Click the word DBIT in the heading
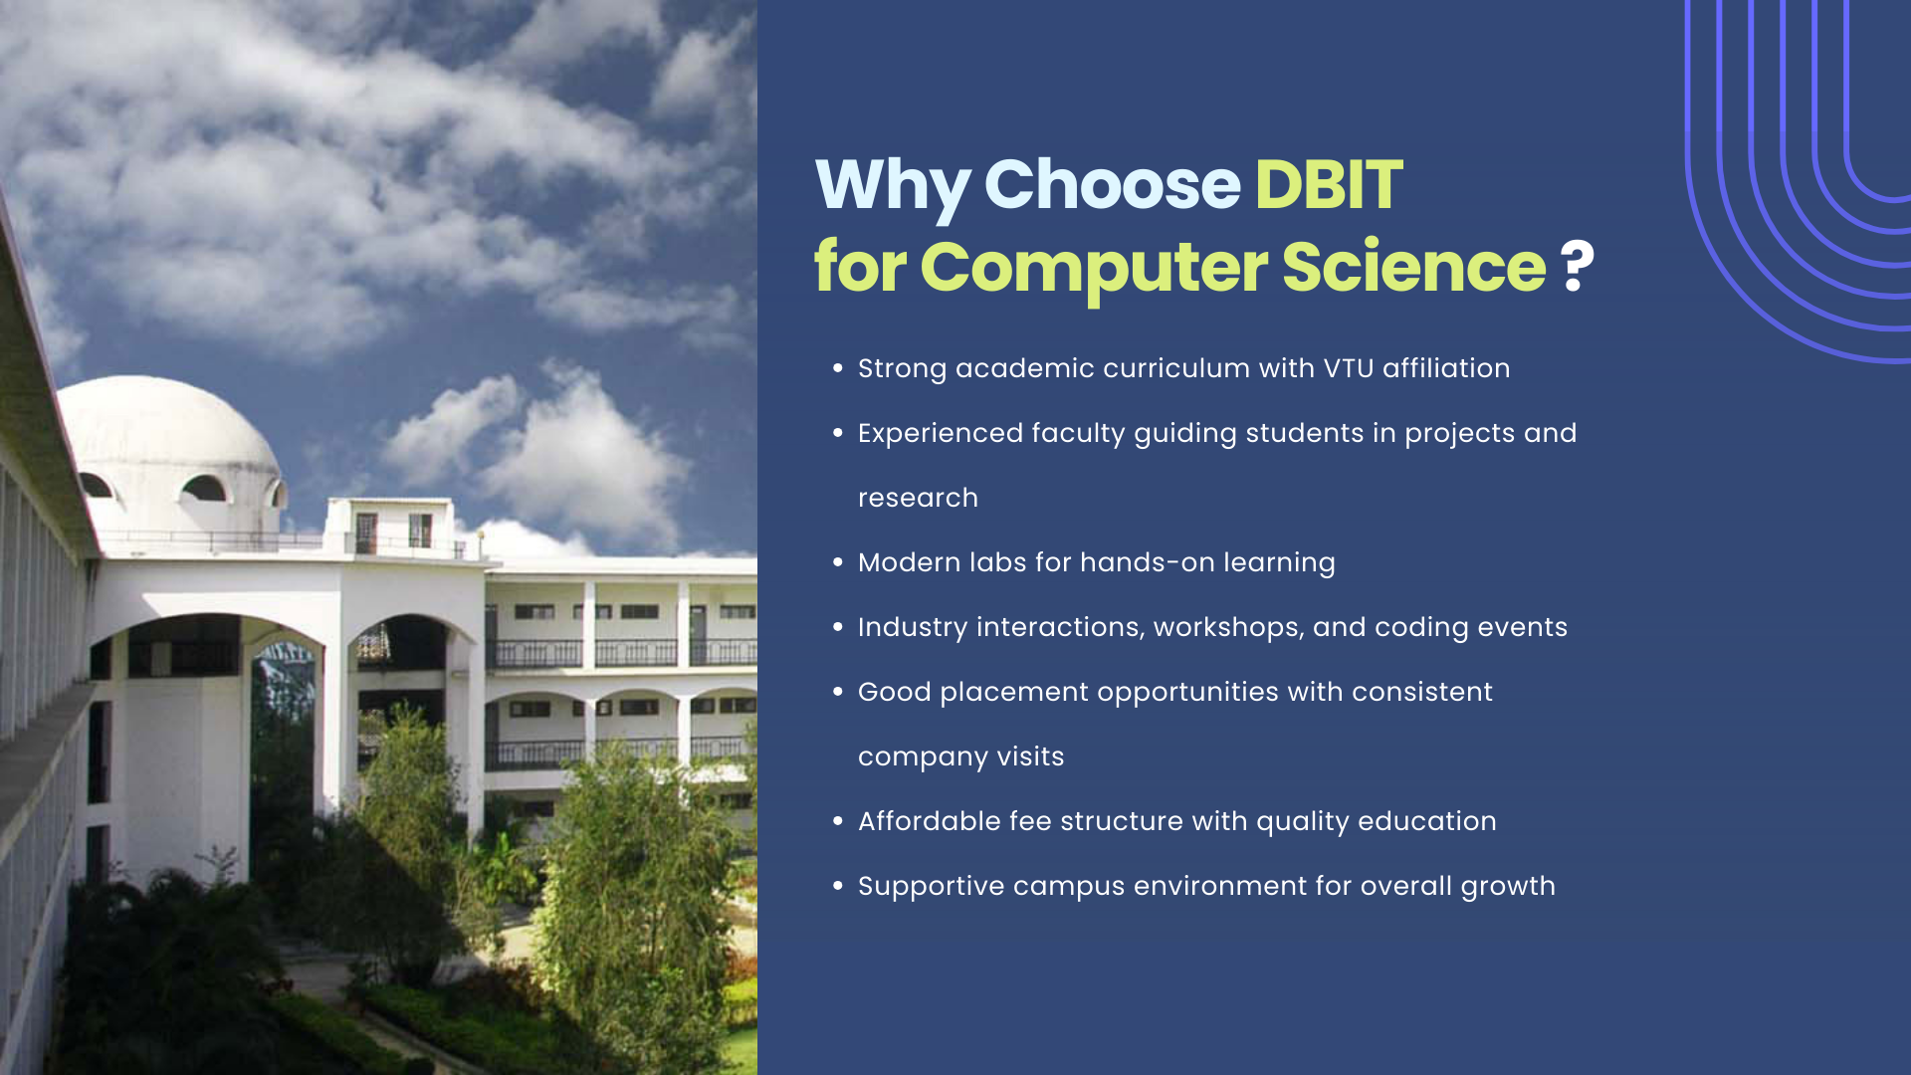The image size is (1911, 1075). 1328,185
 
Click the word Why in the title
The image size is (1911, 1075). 892,187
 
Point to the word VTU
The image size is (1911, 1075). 1348,368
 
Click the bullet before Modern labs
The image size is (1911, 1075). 838,562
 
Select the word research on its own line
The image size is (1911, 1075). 918,498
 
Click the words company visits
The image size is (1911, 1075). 960,757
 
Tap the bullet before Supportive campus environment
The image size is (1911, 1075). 838,886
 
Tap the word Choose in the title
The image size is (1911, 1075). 1111,185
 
